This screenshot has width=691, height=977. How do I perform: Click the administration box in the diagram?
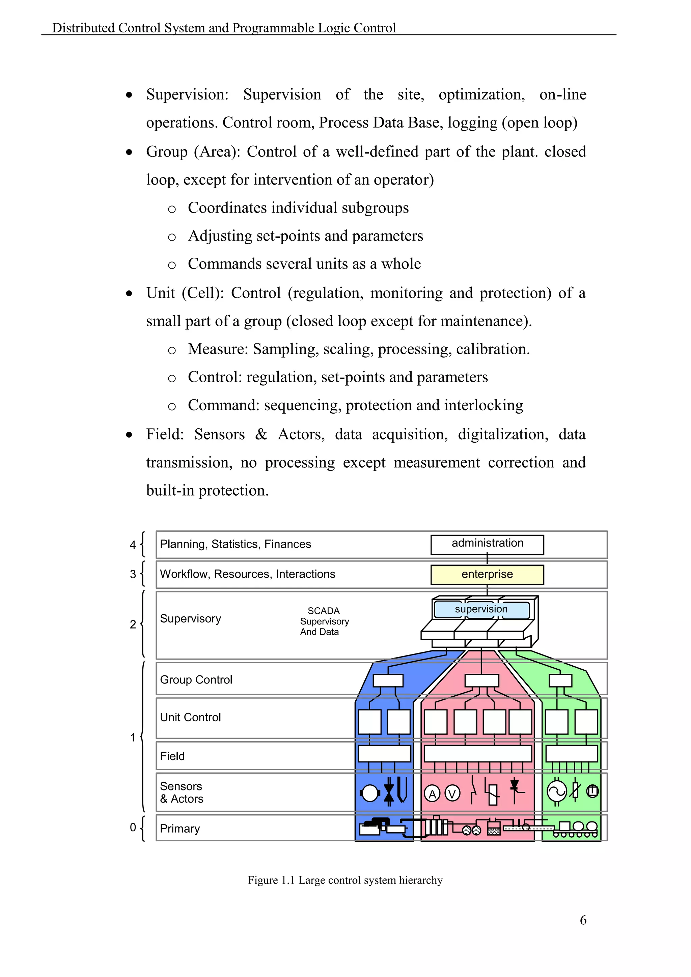[487, 544]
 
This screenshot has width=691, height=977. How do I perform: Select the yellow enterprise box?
[487, 575]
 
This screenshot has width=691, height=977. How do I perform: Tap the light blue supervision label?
[481, 609]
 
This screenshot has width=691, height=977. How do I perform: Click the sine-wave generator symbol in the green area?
[556, 791]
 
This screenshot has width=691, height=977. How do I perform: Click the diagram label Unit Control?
[190, 718]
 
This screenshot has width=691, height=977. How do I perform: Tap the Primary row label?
[179, 829]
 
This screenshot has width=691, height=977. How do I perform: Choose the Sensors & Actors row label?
[181, 792]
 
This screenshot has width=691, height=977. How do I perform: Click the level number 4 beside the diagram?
[133, 545]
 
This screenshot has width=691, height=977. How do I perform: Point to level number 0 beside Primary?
[133, 828]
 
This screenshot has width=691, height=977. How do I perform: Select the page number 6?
[583, 920]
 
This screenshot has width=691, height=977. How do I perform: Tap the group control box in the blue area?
[388, 680]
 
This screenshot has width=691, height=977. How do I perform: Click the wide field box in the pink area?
[477, 754]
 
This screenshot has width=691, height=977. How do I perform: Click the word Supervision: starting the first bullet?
[187, 94]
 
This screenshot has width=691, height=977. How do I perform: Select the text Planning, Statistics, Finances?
[235, 544]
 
